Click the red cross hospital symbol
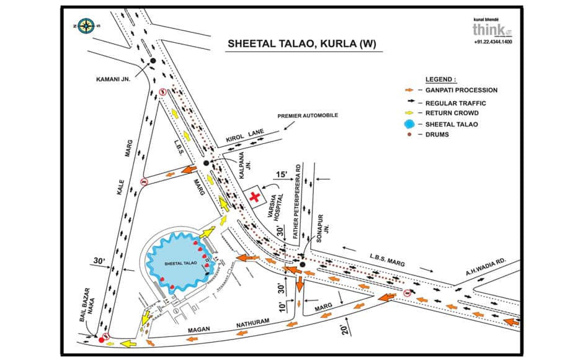(x=254, y=197)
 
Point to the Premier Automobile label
(x=308, y=116)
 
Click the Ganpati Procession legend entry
(x=461, y=91)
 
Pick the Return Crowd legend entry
(x=456, y=113)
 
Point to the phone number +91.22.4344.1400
(x=493, y=42)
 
